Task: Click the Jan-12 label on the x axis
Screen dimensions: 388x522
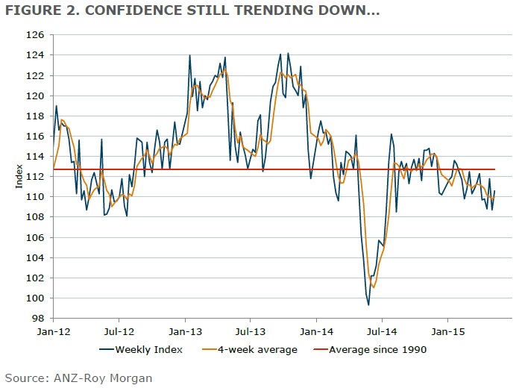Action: [x=54, y=329]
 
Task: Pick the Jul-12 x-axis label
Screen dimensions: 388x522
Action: [x=119, y=329]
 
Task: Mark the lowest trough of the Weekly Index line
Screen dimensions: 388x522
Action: [x=368, y=304]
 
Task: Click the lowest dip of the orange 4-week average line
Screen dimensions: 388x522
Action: [x=374, y=287]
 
